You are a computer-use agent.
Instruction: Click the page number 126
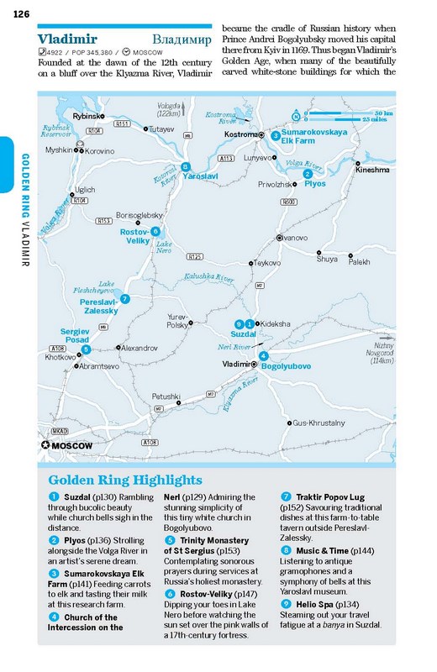tap(22, 13)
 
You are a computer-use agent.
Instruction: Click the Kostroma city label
tap(240, 134)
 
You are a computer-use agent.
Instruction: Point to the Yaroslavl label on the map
tap(201, 177)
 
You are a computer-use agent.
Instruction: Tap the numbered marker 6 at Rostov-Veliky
tap(155, 230)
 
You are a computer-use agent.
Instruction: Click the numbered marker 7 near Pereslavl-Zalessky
tap(124, 298)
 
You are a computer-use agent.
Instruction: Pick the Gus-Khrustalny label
tap(319, 423)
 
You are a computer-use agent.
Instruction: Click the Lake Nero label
tap(164, 248)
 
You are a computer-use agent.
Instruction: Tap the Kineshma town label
tap(372, 170)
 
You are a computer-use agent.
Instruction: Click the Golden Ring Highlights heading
tap(125, 480)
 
